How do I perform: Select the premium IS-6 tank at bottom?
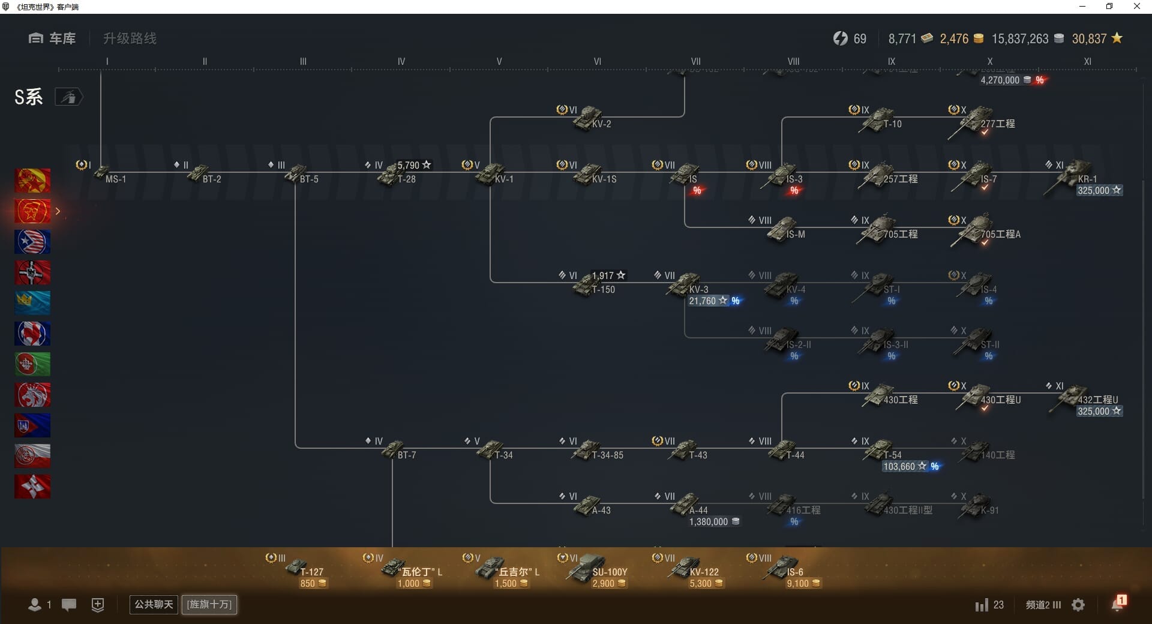coord(784,567)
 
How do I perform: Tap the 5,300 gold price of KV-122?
coord(706,584)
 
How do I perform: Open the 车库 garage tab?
coord(52,38)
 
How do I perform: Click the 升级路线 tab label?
coord(130,38)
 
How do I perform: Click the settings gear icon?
coord(1078,605)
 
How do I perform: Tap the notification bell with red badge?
coord(1118,604)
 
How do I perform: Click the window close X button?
coord(1136,7)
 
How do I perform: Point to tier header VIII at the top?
coord(793,61)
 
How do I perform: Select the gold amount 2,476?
coord(954,39)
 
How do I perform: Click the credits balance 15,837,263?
coord(1020,39)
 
